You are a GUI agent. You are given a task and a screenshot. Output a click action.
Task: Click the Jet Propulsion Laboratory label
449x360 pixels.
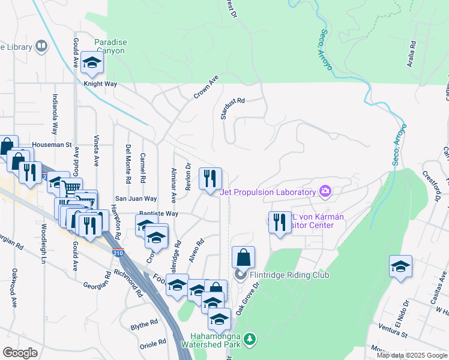(268, 192)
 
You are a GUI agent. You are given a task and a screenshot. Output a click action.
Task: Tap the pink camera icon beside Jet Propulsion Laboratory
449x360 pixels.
(325, 191)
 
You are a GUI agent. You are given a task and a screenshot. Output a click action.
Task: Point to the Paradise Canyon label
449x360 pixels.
(110, 46)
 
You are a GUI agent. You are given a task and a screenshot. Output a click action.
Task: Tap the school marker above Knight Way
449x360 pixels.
(92, 62)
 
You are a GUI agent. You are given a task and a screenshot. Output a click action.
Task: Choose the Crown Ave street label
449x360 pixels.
(206, 88)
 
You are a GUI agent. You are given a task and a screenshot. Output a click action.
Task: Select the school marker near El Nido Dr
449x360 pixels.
(400, 266)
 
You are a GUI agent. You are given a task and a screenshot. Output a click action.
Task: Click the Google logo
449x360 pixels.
(20, 353)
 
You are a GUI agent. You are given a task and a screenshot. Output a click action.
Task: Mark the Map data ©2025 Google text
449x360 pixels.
(411, 355)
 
